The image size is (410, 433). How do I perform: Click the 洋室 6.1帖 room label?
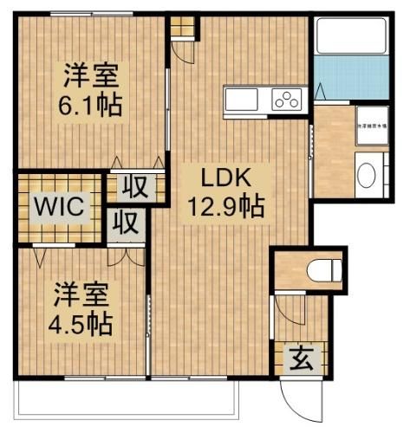point(89,90)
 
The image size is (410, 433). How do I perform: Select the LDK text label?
point(226,179)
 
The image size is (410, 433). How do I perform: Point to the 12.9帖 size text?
point(227,206)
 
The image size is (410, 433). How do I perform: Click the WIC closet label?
point(58,207)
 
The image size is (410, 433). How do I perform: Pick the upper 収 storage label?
point(132,185)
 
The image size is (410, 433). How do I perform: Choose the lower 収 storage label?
point(127,223)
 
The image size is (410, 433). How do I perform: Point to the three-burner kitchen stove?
point(287,100)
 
